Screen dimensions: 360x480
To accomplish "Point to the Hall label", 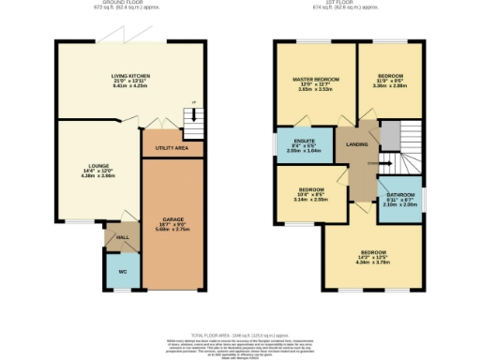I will click(x=122, y=237).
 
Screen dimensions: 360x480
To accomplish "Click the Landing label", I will click(x=356, y=143).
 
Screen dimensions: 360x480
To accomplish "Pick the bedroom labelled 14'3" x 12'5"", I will click(x=371, y=252).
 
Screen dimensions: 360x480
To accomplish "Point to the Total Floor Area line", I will click(x=240, y=333).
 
